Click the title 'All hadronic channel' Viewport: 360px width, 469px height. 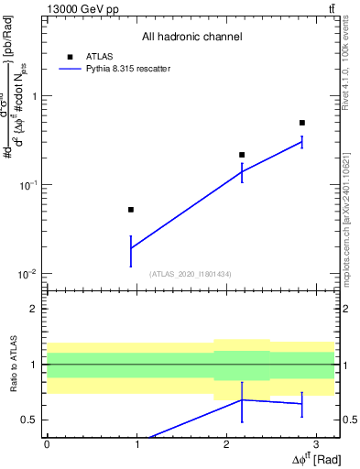click(x=191, y=37)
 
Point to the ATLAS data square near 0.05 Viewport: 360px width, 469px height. click(x=131, y=210)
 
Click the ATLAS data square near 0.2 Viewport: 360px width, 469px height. click(x=242, y=155)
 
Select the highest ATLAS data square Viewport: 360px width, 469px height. click(x=302, y=123)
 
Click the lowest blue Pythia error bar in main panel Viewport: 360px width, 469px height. click(x=131, y=250)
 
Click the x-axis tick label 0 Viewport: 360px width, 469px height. click(x=47, y=443)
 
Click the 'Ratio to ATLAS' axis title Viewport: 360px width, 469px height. click(x=12, y=364)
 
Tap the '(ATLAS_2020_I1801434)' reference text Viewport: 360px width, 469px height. click(x=191, y=274)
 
